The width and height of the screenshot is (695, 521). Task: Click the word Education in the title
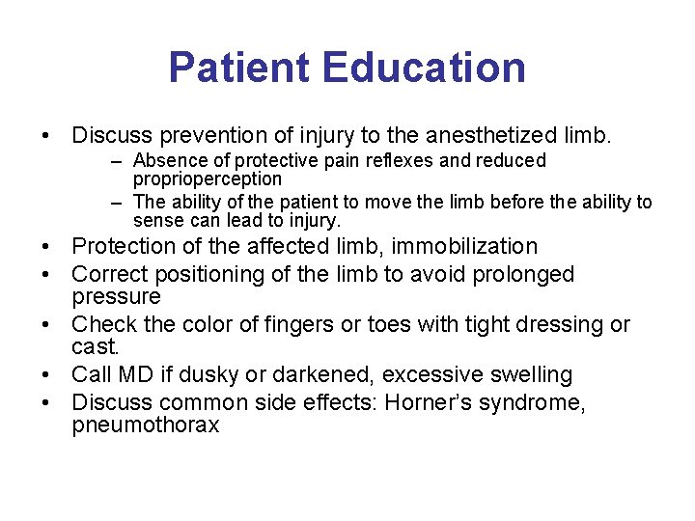point(425,68)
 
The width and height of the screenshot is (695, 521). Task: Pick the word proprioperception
point(208,178)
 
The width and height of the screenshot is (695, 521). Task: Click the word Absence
point(166,160)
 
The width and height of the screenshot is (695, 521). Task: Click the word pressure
point(116,295)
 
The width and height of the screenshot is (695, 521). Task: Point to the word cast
point(97,345)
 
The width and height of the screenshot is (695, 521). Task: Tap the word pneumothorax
point(146,425)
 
